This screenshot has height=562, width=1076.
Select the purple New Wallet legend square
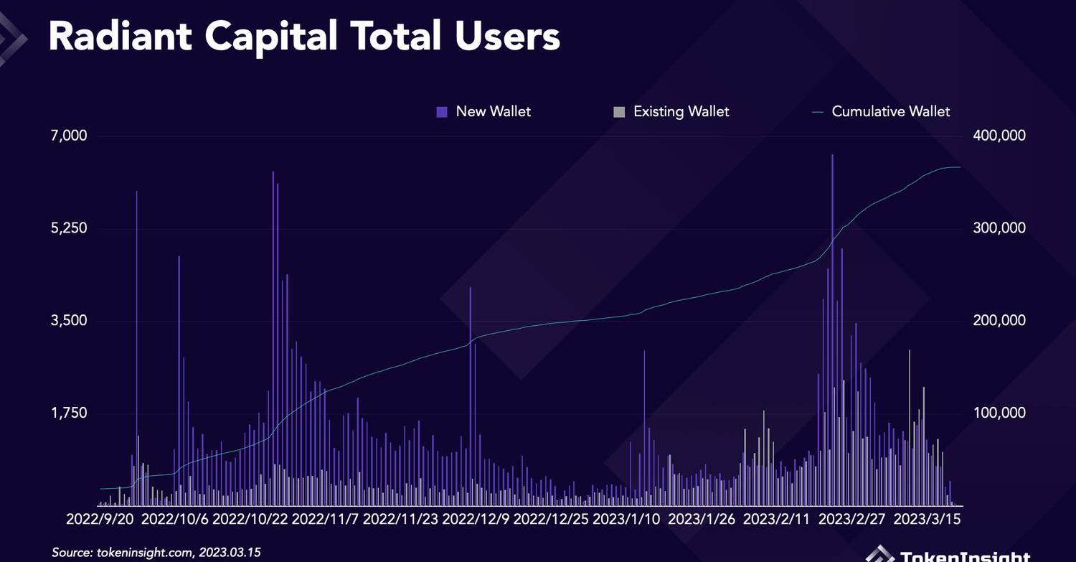point(442,112)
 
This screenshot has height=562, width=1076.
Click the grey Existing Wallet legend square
point(619,112)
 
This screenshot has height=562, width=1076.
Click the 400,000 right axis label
point(998,136)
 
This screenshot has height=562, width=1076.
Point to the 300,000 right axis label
point(998,228)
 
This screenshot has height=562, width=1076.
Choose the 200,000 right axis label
point(998,320)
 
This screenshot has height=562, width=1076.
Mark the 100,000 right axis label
point(998,413)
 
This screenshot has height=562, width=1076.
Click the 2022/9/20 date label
point(99,519)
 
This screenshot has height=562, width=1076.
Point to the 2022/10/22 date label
point(250,519)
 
